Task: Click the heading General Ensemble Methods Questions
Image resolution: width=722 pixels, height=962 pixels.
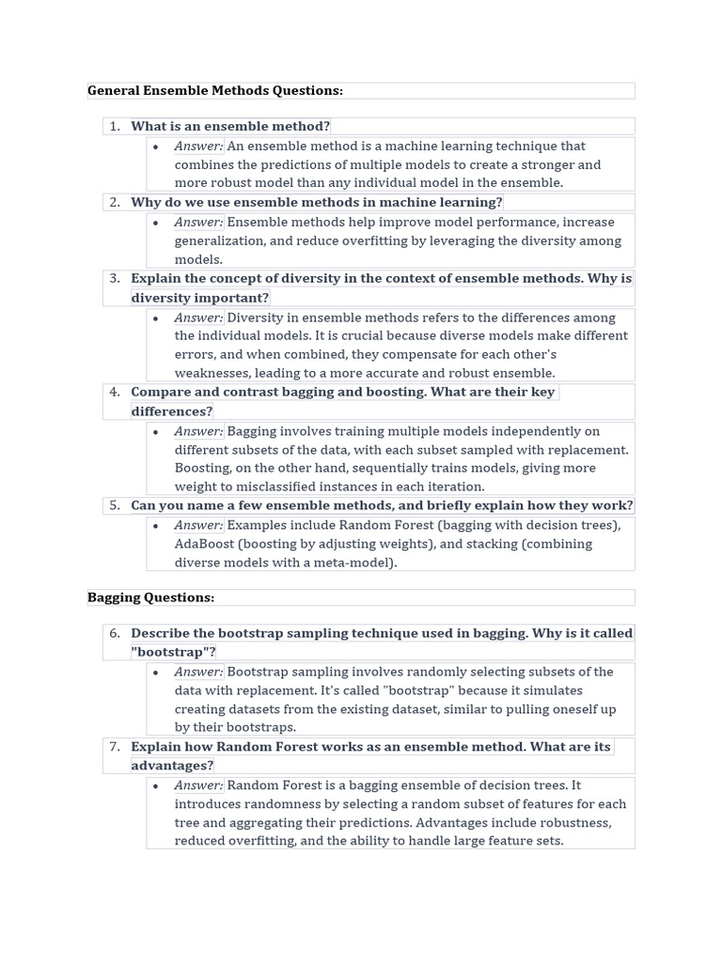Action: (215, 90)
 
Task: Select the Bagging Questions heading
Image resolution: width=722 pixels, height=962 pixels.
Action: (151, 597)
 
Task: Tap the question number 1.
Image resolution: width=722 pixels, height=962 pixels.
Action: (114, 126)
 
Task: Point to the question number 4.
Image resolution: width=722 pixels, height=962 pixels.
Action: (114, 392)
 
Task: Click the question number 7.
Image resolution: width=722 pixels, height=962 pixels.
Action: (114, 747)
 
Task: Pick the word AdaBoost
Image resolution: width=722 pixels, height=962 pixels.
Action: (204, 544)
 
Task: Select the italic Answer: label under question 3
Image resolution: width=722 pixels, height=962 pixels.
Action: (198, 318)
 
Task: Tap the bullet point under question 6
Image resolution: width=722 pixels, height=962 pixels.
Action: (155, 672)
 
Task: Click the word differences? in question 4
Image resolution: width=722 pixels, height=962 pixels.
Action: (172, 411)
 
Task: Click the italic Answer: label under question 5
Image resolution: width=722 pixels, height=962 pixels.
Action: (198, 525)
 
